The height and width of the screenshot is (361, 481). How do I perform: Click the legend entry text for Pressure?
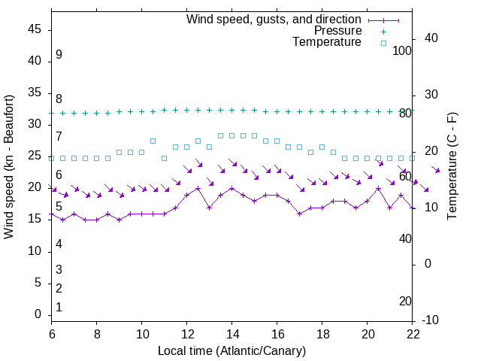tap(337, 31)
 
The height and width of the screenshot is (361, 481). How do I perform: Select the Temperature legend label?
tap(327, 42)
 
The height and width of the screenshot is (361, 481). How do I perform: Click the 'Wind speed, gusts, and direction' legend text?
tap(274, 19)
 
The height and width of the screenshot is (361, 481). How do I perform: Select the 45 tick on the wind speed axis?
tap(35, 29)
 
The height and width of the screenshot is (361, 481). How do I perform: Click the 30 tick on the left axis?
tap(35, 125)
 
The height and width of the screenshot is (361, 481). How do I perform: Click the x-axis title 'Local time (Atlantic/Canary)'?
tap(231, 350)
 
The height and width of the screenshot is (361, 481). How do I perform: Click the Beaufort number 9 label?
tap(59, 55)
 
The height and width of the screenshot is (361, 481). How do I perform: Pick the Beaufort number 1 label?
tap(59, 308)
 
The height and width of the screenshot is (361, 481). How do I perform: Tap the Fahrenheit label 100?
tap(403, 50)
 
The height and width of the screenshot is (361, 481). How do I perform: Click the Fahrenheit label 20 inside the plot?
tap(405, 302)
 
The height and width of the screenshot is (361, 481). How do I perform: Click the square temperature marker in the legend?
tap(383, 43)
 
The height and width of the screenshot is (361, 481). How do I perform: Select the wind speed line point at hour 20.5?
tap(379, 188)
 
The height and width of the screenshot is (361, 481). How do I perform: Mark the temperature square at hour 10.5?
tap(153, 141)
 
